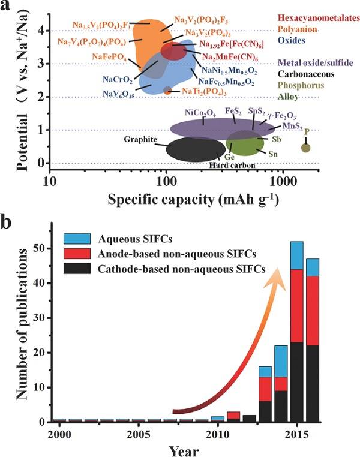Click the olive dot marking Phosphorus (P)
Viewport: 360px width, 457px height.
[x=305, y=148]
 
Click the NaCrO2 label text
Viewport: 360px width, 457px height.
[x=118, y=79]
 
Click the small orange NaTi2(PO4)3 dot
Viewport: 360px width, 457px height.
[x=168, y=91]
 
